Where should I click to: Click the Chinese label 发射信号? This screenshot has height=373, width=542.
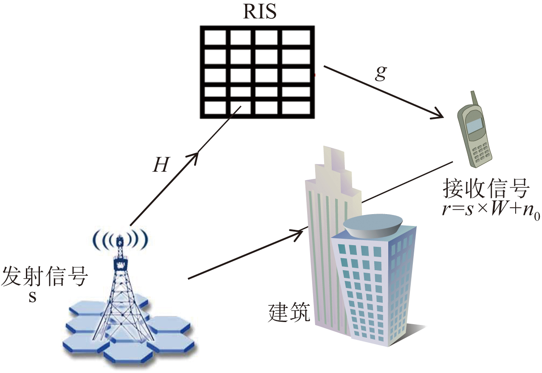point(45,278)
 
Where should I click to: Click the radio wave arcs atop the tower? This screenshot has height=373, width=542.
point(121,240)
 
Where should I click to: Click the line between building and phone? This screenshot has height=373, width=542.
point(408,181)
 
